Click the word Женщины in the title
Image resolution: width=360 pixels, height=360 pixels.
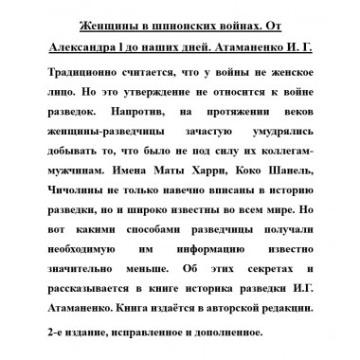click(104, 22)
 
